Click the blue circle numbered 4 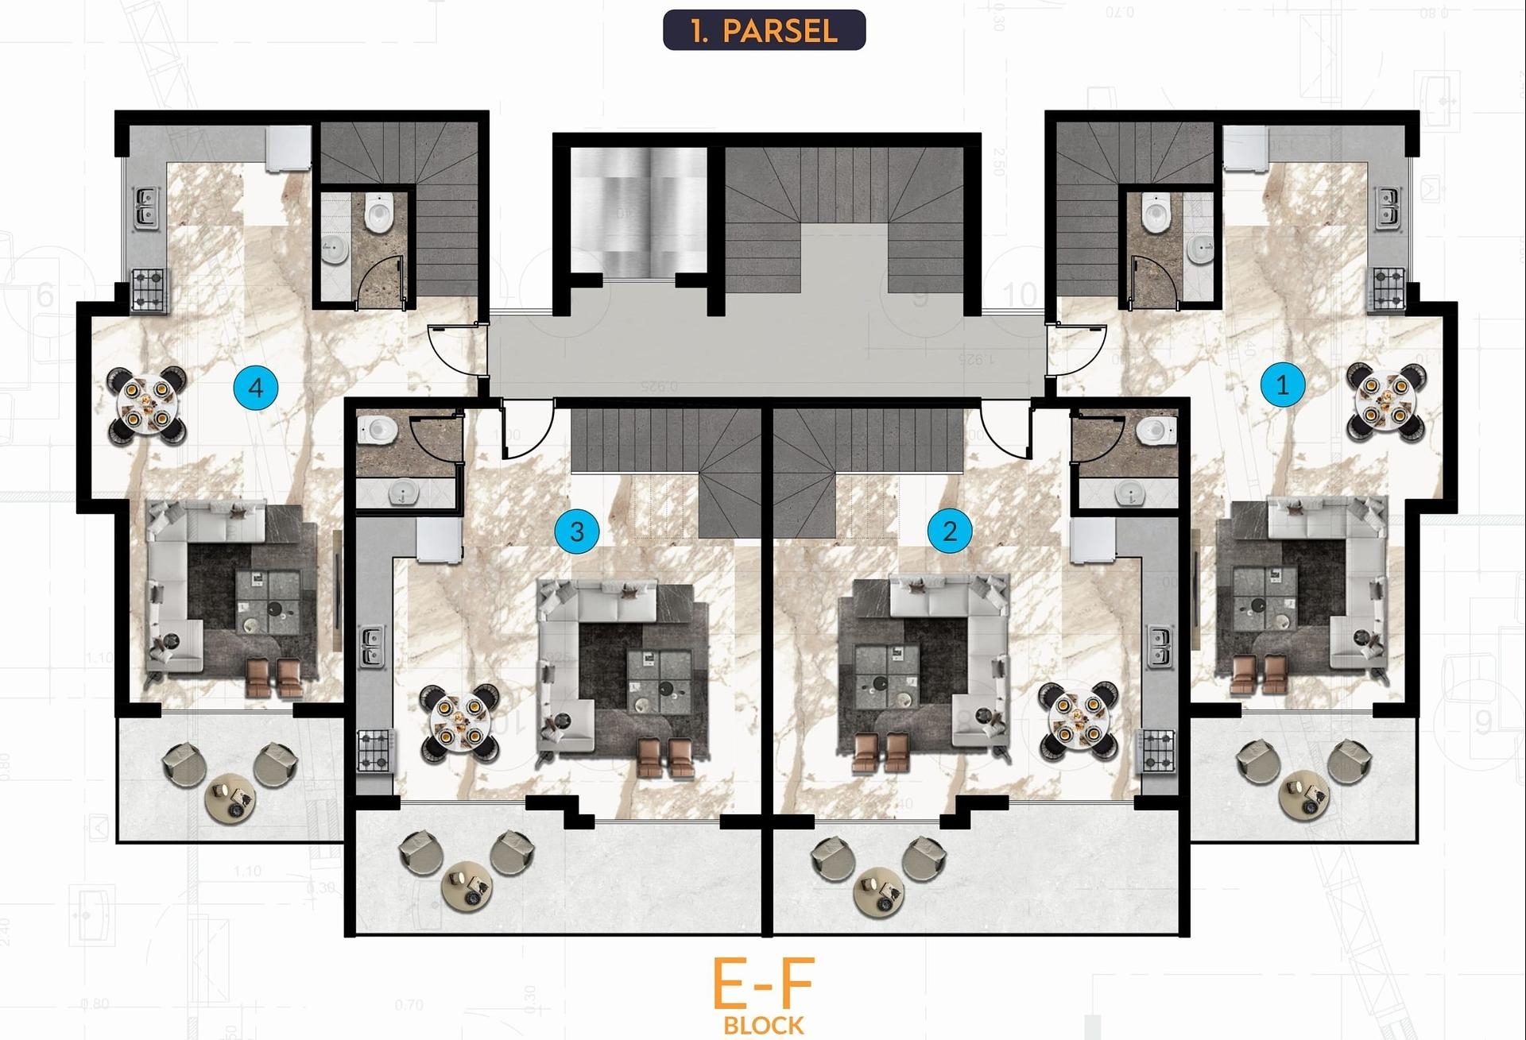pyautogui.click(x=255, y=388)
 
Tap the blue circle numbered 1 pyautogui.click(x=1282, y=385)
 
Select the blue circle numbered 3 pyautogui.click(x=577, y=531)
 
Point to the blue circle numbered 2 pyautogui.click(x=949, y=530)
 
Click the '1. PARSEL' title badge pyautogui.click(x=764, y=30)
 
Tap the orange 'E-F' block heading pyautogui.click(x=763, y=983)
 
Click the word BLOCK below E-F pyautogui.click(x=763, y=1025)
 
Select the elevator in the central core pyautogui.click(x=638, y=211)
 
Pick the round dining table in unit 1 pyautogui.click(x=1385, y=400)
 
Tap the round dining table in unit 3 pyautogui.click(x=460, y=721)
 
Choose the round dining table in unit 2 pyautogui.click(x=1078, y=720)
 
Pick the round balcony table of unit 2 pyautogui.click(x=879, y=890)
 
